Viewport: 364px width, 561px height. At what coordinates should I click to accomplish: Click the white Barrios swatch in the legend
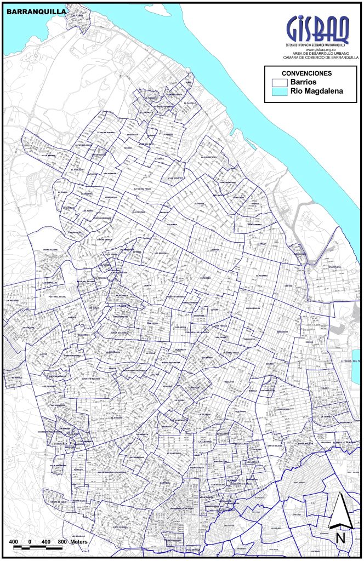tap(280, 82)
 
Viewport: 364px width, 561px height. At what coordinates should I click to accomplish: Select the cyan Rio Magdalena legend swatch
tap(280, 92)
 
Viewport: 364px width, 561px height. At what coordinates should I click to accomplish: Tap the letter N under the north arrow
tap(340, 537)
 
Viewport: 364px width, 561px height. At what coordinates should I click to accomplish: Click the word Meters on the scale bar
tap(78, 541)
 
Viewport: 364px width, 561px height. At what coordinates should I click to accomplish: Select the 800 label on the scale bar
tap(62, 541)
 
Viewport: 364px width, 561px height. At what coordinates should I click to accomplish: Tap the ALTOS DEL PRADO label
tap(142, 190)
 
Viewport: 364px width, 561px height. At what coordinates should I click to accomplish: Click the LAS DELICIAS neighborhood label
tap(161, 253)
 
